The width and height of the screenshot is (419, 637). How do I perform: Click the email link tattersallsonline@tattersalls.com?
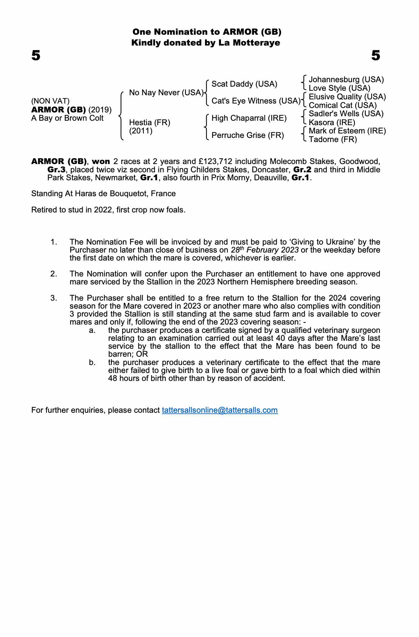(x=220, y=410)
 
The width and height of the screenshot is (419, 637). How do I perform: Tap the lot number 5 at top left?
(x=36, y=56)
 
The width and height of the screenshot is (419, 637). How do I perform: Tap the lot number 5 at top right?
(x=376, y=56)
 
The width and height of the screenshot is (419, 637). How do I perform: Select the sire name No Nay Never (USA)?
(x=166, y=93)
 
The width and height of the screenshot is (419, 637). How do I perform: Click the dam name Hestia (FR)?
(x=150, y=122)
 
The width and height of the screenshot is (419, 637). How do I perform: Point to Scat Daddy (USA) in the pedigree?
(x=244, y=84)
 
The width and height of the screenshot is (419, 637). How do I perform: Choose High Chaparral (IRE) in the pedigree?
(x=249, y=118)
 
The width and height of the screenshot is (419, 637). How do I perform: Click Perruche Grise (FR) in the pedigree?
(x=248, y=135)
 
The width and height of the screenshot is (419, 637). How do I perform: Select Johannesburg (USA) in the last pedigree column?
(x=346, y=80)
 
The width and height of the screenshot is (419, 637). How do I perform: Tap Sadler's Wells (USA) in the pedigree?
(x=346, y=114)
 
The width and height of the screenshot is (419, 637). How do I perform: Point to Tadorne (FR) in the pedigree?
(x=333, y=140)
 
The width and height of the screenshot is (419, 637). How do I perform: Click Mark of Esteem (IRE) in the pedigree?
(x=347, y=131)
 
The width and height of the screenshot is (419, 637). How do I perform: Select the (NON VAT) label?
(x=50, y=101)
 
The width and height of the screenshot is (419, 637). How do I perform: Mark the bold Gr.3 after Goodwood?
(x=56, y=169)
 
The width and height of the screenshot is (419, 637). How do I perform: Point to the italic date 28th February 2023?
(x=265, y=250)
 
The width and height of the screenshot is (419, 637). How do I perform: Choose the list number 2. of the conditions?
(x=54, y=274)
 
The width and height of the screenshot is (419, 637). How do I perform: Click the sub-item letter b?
(x=92, y=362)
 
